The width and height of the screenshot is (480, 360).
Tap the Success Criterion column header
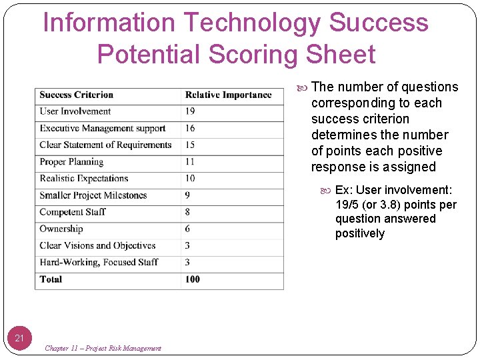[x=77, y=95]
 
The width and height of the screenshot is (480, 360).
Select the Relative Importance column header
[x=228, y=95]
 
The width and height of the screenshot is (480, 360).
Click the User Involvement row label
[x=75, y=111]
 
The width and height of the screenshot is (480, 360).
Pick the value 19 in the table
[x=190, y=111]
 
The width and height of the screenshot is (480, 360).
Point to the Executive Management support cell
[x=103, y=128]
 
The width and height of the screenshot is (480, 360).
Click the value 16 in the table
[x=190, y=128]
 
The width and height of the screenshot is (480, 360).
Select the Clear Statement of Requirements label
[x=106, y=145]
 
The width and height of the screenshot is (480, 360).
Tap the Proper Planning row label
[x=71, y=162]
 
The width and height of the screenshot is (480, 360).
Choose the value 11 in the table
[x=190, y=162]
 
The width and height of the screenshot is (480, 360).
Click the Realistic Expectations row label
[x=84, y=179]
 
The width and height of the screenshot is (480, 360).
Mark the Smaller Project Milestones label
[x=93, y=195]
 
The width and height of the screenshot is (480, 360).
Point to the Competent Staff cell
[x=73, y=212]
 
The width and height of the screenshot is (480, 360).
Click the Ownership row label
[x=61, y=229]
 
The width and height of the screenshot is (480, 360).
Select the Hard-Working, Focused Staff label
[x=99, y=262]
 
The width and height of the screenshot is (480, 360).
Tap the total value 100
[x=193, y=279]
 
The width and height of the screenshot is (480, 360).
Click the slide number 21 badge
[x=19, y=338]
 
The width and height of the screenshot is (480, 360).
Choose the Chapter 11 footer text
[x=103, y=348]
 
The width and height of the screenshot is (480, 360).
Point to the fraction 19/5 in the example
[x=347, y=205]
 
